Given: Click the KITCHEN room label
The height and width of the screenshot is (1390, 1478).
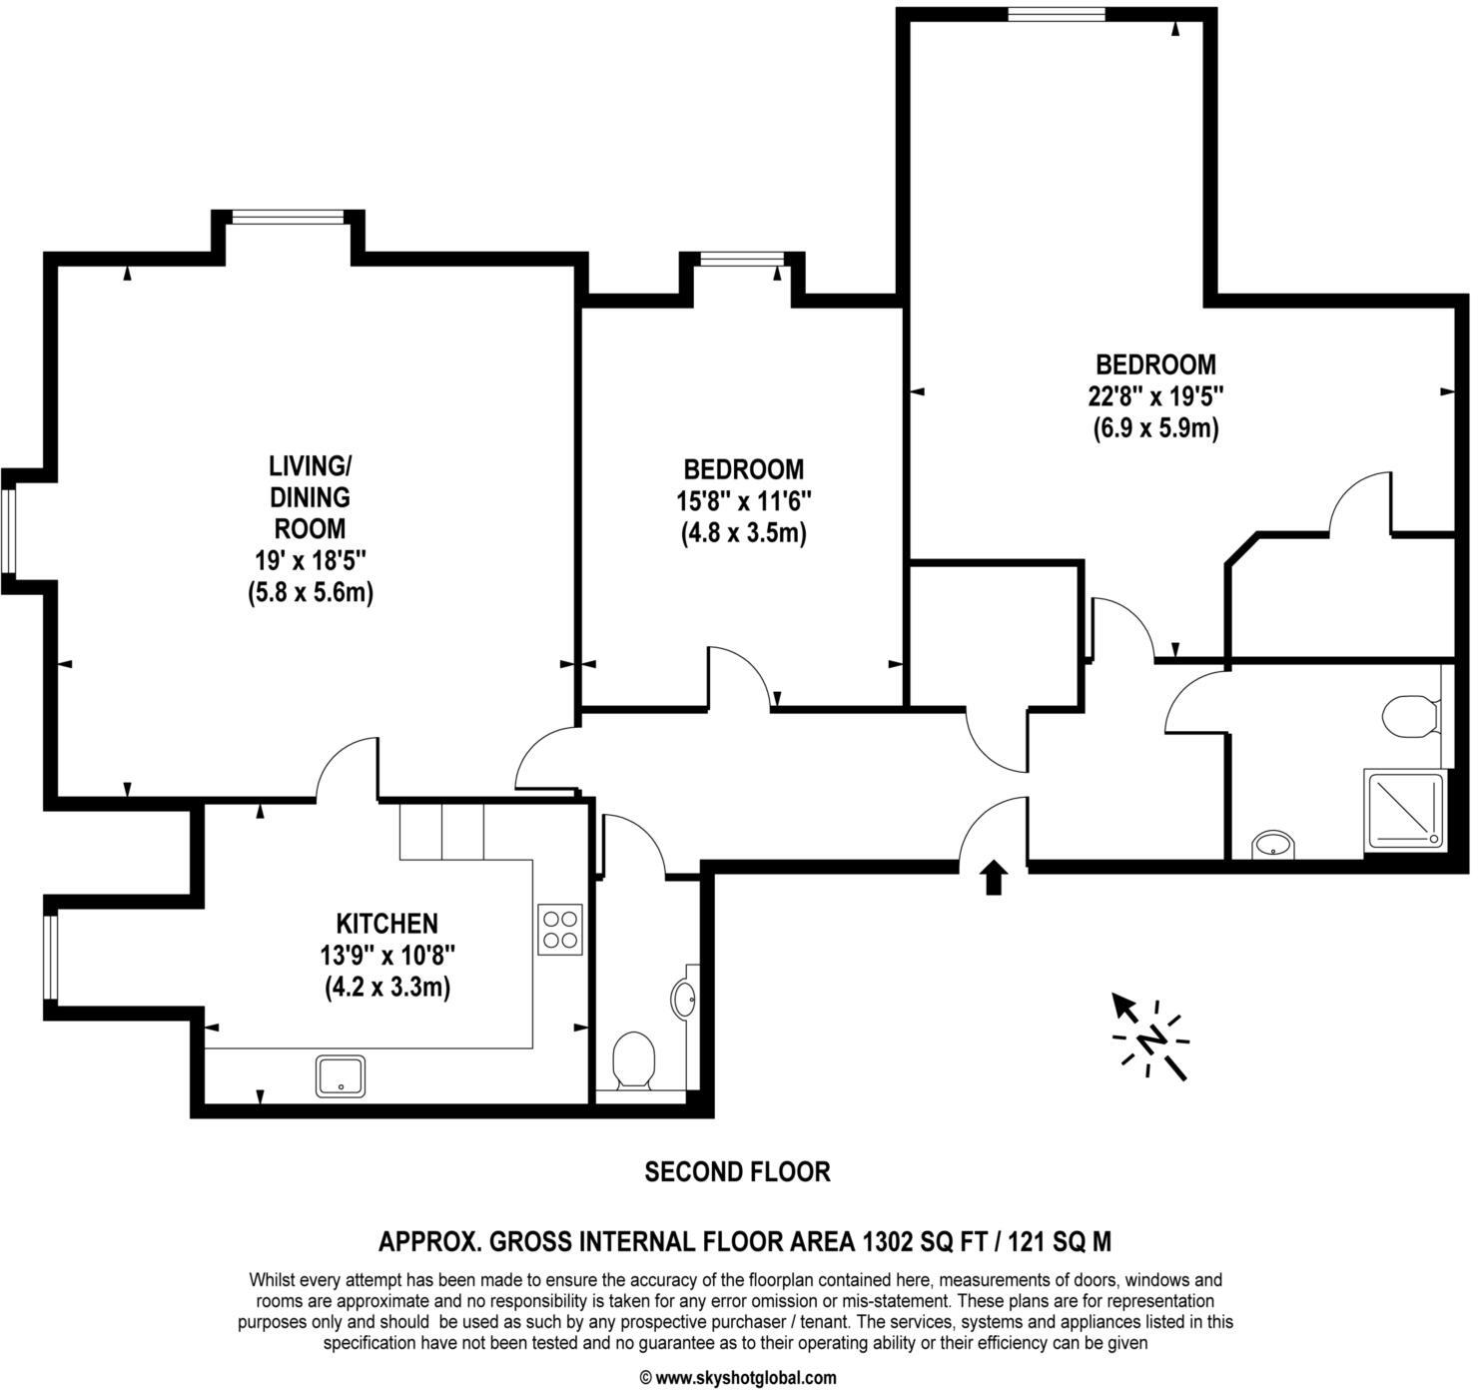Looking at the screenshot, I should [386, 923].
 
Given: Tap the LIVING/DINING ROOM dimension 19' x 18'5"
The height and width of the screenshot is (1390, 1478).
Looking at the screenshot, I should [310, 560].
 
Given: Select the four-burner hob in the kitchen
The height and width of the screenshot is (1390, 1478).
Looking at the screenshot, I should [559, 929].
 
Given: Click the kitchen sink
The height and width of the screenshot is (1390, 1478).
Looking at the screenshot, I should [341, 1075].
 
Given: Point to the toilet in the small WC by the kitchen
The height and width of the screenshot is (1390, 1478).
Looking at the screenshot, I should [633, 1060].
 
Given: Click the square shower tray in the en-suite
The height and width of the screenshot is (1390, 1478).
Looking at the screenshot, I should [1404, 809].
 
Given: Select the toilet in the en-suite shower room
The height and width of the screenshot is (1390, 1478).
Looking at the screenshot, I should [1410, 716].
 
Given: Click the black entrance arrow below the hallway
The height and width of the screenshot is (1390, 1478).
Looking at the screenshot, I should [993, 878].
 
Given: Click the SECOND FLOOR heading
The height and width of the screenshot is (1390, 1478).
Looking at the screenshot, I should [737, 1171].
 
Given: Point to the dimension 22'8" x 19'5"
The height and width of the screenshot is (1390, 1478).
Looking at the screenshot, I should [1155, 396].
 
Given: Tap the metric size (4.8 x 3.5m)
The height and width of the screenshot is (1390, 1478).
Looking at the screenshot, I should [743, 533].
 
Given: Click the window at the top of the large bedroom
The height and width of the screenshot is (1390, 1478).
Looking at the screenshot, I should [1056, 14].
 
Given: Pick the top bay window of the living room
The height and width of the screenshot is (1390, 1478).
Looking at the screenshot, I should [288, 217].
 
